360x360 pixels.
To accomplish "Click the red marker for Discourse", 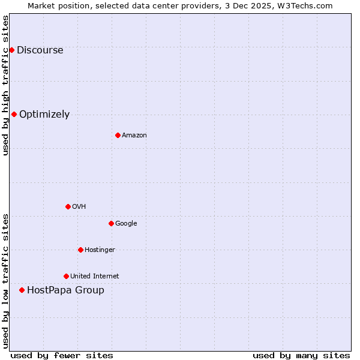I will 11,50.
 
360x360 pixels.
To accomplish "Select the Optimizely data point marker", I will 14,114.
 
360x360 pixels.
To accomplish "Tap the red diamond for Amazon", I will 118,135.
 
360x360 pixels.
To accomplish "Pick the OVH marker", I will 68,206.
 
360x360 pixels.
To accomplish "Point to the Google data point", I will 111,223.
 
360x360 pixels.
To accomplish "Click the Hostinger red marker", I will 80,250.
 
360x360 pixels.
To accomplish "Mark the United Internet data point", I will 66,276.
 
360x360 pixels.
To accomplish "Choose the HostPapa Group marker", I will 22,290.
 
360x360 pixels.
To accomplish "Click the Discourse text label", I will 40,50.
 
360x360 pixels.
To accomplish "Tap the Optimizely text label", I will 44,115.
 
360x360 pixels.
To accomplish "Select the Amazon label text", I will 134,136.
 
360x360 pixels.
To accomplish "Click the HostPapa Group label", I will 65,290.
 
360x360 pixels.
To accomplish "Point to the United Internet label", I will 94,277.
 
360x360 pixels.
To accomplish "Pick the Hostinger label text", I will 100,250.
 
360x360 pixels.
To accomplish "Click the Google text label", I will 126,224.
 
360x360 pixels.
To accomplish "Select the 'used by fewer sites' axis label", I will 62,355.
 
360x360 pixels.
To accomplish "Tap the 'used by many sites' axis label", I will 301,355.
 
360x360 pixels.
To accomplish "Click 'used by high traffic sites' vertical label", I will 5,85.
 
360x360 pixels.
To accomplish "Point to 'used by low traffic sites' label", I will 5,281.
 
